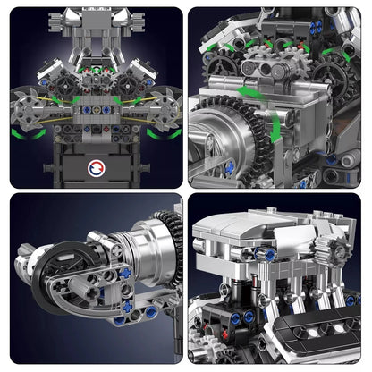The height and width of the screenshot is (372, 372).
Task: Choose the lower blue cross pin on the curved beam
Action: pyautogui.click(x=119, y=320)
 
